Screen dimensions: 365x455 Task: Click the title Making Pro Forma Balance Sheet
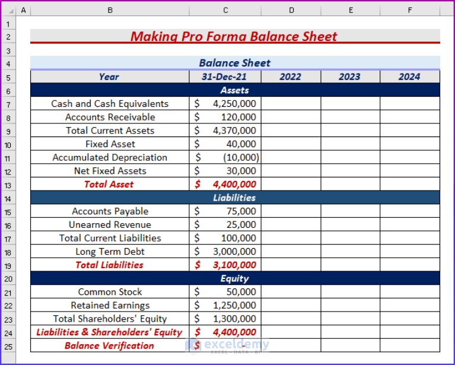click(x=234, y=36)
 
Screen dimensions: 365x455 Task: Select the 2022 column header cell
click(x=290, y=77)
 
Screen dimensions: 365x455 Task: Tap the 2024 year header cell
click(x=409, y=77)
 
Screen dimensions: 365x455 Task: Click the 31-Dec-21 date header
click(x=224, y=77)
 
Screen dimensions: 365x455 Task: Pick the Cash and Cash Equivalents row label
click(x=110, y=103)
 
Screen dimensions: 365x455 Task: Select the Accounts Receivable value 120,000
click(x=238, y=117)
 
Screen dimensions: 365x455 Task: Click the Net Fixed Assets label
click(x=110, y=171)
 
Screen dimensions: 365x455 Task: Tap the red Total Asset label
click(x=109, y=184)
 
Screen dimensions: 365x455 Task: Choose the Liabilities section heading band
click(x=234, y=198)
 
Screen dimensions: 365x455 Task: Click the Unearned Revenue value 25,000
click(x=241, y=224)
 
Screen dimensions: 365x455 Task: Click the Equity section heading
click(x=234, y=278)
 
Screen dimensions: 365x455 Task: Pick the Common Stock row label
click(x=110, y=292)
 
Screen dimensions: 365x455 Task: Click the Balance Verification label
click(x=109, y=345)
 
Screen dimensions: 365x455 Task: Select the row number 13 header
click(x=8, y=185)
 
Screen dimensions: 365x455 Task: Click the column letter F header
click(x=409, y=9)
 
